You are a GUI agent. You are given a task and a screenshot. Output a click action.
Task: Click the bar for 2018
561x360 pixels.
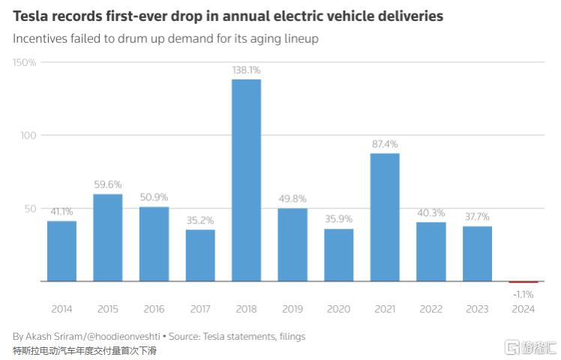[246, 180]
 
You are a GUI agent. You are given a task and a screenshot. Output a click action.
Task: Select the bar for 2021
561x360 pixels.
[385, 217]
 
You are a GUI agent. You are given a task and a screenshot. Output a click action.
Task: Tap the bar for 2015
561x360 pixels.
[107, 237]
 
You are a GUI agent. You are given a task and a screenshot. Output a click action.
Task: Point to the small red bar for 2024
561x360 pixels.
[523, 283]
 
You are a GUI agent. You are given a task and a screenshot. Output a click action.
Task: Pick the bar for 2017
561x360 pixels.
[200, 255]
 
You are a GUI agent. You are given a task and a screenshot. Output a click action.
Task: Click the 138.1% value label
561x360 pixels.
[246, 70]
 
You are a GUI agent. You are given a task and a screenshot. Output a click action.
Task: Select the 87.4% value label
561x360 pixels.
[385, 144]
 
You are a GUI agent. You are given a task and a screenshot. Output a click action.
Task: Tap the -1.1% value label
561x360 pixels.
[523, 294]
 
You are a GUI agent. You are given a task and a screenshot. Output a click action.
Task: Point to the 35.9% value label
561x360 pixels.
[339, 220]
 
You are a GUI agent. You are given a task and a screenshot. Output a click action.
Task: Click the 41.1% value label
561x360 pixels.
[61, 211]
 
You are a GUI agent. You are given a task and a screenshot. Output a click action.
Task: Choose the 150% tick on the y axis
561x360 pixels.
[24, 62]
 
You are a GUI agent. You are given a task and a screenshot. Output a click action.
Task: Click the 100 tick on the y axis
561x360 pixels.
[27, 136]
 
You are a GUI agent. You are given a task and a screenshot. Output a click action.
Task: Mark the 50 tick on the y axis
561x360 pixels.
[29, 208]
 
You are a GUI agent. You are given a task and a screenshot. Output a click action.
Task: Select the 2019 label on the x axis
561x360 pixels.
[292, 309]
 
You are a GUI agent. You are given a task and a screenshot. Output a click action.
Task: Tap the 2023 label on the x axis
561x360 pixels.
[477, 309]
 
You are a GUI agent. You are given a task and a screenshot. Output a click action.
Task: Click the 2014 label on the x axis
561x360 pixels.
[61, 309]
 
